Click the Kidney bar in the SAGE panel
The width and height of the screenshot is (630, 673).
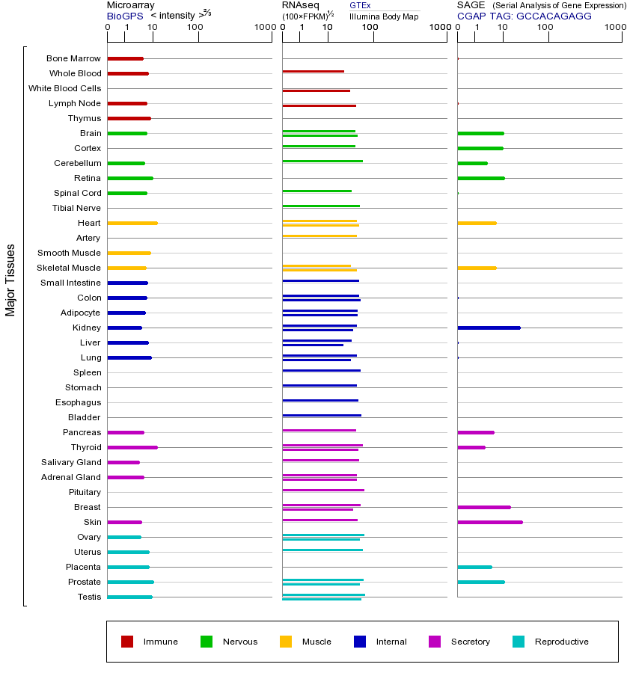coord(489,328)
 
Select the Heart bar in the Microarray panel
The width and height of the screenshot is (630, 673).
coord(132,223)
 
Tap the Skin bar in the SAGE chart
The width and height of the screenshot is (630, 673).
coord(489,522)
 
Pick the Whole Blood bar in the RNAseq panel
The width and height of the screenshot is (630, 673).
coord(313,71)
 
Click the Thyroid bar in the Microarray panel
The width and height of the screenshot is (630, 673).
coord(132,447)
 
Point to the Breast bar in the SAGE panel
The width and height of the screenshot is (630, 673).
coord(483,507)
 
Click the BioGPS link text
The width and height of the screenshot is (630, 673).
coord(123,16)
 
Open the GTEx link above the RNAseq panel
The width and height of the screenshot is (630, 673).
coord(360,5)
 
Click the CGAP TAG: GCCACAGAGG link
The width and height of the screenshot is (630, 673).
coord(524,16)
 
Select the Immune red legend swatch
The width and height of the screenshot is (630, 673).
coord(127,642)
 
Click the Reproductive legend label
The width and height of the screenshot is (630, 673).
coord(561,642)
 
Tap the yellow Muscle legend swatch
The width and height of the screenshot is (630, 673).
coord(286,642)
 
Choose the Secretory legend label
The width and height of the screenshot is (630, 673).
coord(470,642)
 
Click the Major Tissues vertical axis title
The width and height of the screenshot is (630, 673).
coord(10,280)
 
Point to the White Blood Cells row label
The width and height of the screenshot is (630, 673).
coord(64,88)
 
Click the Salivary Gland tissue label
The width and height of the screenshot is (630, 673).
coord(72,462)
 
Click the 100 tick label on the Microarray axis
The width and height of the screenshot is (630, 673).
coord(195,28)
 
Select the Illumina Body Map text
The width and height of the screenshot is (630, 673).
coord(384,16)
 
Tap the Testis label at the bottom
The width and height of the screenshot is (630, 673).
coord(89,597)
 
